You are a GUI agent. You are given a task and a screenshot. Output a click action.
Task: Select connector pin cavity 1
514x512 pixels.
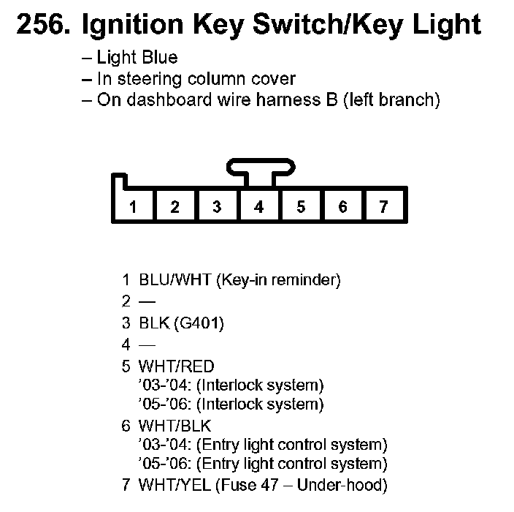click(133, 207)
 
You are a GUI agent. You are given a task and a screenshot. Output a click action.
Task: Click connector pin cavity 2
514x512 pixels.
click(174, 207)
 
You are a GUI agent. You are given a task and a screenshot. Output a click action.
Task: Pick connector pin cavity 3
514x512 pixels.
click(217, 207)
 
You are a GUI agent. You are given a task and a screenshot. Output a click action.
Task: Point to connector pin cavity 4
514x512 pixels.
click(258, 207)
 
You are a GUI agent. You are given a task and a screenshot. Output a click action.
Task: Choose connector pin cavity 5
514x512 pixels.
click(301, 207)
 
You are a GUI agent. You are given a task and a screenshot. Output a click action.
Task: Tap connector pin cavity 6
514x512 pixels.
click(342, 207)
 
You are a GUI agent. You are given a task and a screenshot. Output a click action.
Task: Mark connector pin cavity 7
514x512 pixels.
click(384, 207)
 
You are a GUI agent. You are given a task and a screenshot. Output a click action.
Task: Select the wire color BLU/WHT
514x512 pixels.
click(175, 279)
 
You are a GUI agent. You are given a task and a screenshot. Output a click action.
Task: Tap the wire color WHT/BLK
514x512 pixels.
click(176, 426)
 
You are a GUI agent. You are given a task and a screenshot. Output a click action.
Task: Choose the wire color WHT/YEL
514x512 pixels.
click(175, 484)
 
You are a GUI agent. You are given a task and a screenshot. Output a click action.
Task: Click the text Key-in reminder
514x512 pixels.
click(278, 279)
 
